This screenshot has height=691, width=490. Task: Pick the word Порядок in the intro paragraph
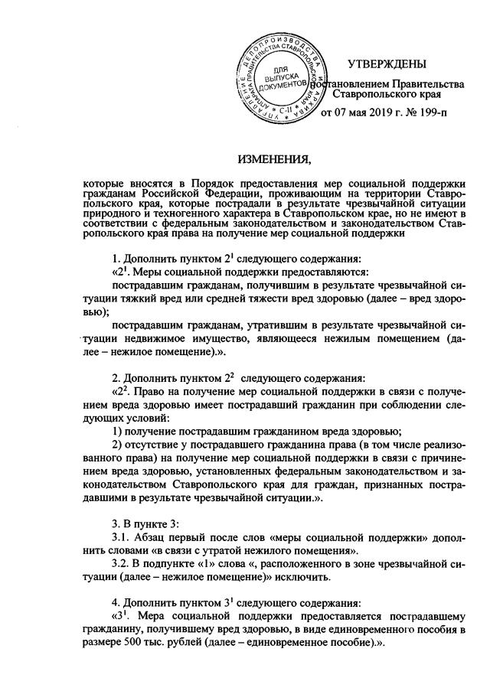(222, 184)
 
